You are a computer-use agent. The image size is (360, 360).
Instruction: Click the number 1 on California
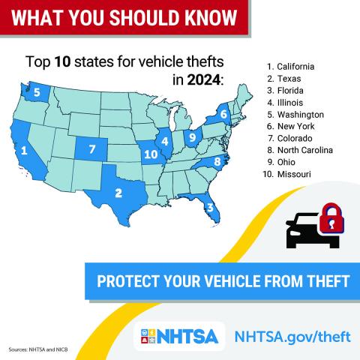(25, 150)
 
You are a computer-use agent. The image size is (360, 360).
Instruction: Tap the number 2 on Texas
(118, 193)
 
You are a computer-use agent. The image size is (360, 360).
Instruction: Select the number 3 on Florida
(211, 208)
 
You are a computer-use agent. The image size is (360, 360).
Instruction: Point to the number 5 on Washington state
(37, 92)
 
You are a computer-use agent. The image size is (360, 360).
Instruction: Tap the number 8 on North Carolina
(217, 161)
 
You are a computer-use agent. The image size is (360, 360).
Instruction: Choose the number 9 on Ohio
(192, 137)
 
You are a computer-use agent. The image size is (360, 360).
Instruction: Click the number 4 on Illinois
(164, 141)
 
